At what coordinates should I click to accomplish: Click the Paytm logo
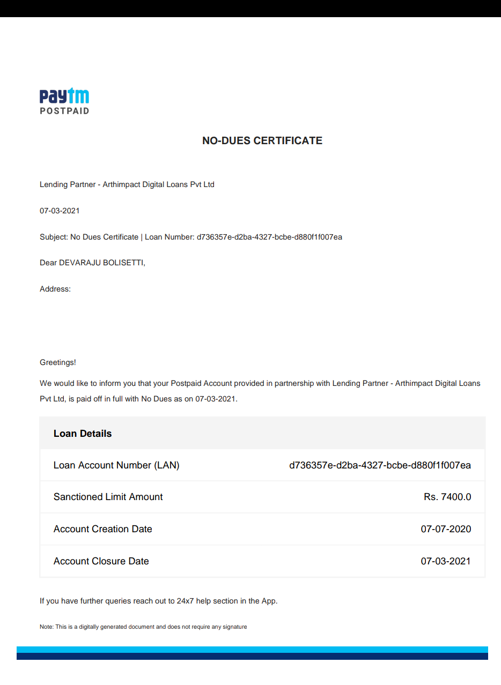[x=64, y=96]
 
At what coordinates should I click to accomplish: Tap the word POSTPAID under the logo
[x=64, y=111]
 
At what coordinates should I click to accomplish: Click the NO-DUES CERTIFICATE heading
[x=262, y=140]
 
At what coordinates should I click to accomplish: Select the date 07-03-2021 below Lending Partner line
[x=60, y=211]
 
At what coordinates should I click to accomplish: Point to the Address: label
[x=55, y=289]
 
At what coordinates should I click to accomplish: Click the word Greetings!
[x=58, y=362]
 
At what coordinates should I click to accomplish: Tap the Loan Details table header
[x=83, y=434]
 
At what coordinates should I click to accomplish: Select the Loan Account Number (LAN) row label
[x=116, y=465]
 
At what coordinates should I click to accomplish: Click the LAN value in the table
[x=380, y=465]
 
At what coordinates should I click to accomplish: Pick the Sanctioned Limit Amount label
[x=108, y=497]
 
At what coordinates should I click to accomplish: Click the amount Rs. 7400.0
[x=447, y=497]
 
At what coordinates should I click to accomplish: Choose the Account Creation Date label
[x=102, y=529]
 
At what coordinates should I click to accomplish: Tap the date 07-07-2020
[x=446, y=529]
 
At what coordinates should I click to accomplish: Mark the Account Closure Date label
[x=101, y=561]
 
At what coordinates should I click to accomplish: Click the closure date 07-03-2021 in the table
[x=446, y=561]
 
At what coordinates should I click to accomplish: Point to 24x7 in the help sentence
[x=185, y=601]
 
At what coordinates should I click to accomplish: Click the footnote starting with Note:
[x=143, y=627]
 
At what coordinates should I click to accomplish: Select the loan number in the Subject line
[x=269, y=237]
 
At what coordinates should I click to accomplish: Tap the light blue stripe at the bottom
[x=252, y=649]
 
